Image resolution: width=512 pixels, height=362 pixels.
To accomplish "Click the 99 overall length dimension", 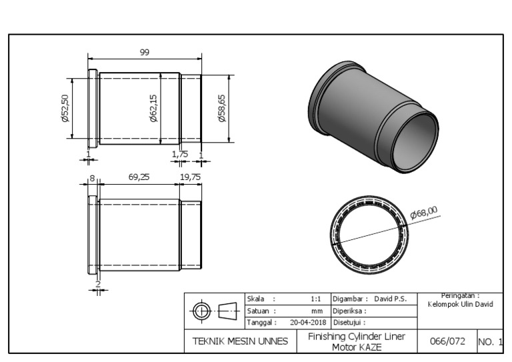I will pyautogui.click(x=144, y=53).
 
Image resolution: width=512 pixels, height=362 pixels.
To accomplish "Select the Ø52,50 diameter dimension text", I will pyautogui.click(x=65, y=108).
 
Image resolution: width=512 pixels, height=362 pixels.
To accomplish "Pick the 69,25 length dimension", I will pyautogui.click(x=139, y=177).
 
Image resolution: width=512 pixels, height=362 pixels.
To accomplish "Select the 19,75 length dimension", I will pyautogui.click(x=191, y=177).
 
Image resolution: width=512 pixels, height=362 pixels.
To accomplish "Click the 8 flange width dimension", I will pyautogui.click(x=93, y=178).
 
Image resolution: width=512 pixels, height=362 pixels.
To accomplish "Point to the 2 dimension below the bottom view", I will pyautogui.click(x=97, y=285).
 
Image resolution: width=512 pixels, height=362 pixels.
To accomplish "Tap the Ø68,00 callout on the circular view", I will pyautogui.click(x=424, y=211).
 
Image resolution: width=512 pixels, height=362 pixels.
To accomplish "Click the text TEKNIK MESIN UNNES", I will pyautogui.click(x=240, y=341).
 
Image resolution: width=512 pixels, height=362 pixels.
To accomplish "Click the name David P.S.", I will pyautogui.click(x=390, y=299).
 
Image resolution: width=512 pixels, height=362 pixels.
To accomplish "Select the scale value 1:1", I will pyautogui.click(x=317, y=299).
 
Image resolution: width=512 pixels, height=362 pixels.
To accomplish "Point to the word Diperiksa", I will pyautogui.click(x=349, y=311).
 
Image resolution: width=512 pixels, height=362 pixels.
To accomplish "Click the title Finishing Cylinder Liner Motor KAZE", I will pyautogui.click(x=356, y=341).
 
